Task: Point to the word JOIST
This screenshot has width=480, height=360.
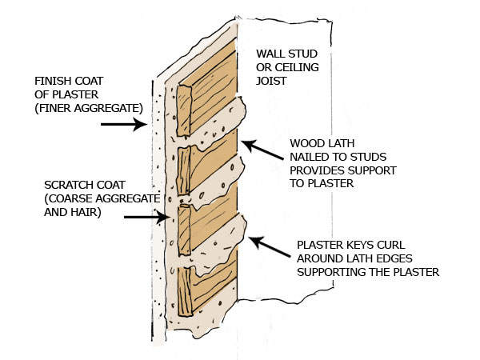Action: (x=272, y=79)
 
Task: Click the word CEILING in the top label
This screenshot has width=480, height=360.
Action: (x=294, y=66)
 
